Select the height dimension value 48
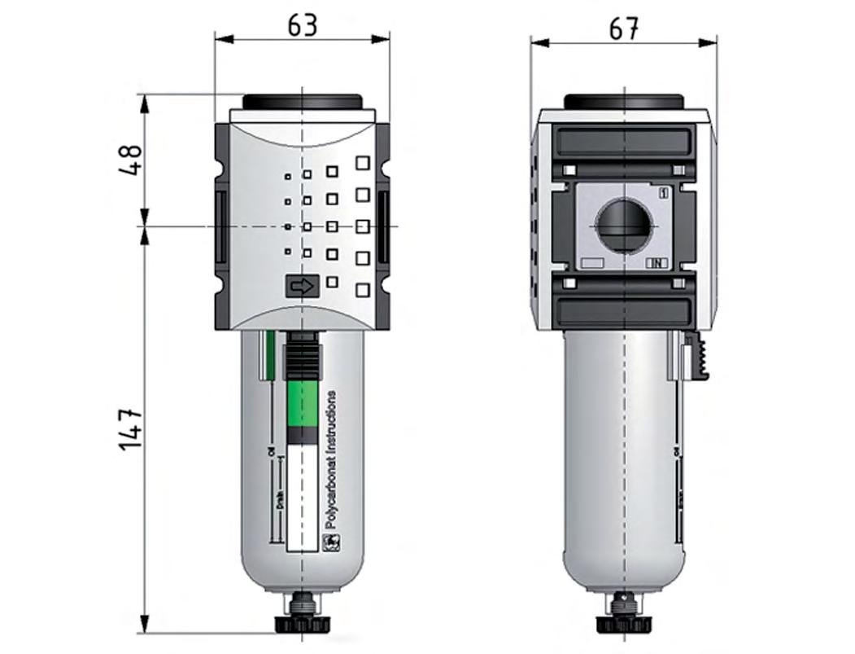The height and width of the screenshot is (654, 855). tap(131, 160)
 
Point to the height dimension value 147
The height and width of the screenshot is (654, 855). tap(131, 429)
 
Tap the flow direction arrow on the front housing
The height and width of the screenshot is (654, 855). tap(302, 286)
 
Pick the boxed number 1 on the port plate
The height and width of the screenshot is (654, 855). tap(663, 193)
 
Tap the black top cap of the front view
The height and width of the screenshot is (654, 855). tap(302, 103)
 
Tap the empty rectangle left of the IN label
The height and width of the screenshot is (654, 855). tap(592, 263)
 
